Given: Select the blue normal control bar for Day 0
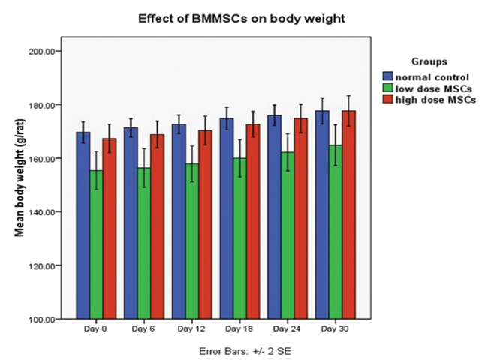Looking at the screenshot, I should (x=83, y=225).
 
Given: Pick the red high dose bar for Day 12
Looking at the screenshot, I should (x=206, y=225).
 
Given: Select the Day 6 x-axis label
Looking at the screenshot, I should (x=142, y=330).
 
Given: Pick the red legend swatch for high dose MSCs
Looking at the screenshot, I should (x=388, y=100).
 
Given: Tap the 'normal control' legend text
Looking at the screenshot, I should (x=432, y=76).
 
